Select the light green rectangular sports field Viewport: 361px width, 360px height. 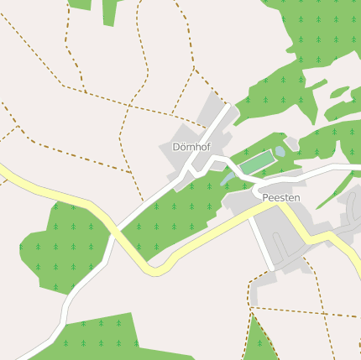click(258, 163)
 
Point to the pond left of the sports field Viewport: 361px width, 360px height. click(227, 177)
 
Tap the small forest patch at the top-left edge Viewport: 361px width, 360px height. click(80, 3)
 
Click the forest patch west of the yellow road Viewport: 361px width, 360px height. click(63, 243)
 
